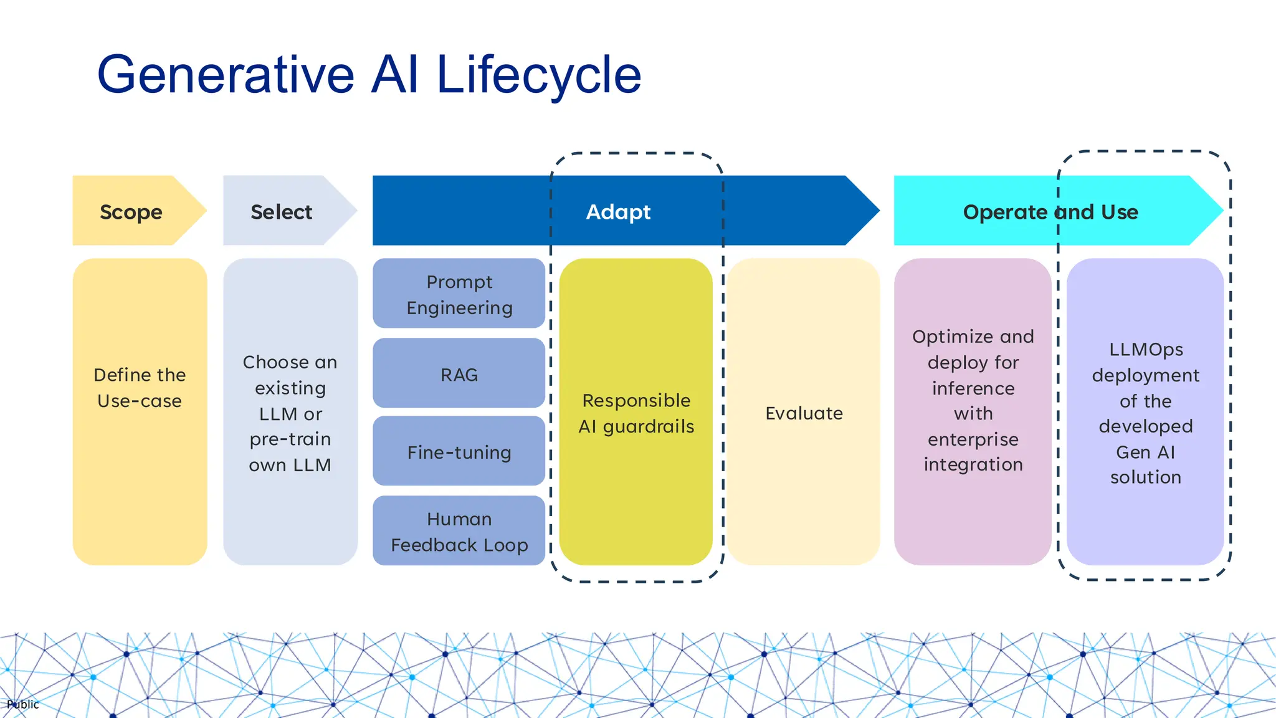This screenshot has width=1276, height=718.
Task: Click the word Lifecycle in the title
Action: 539,75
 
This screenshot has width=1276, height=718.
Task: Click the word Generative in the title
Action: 226,75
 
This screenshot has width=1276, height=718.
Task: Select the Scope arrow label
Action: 131,212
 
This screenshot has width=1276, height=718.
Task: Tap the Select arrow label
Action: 281,212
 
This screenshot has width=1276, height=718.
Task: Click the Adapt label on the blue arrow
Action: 618,212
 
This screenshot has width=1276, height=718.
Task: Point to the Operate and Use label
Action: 1050,212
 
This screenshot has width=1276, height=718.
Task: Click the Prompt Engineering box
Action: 459,294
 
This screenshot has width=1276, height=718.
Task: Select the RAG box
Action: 459,374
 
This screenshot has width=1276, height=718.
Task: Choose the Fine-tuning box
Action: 459,452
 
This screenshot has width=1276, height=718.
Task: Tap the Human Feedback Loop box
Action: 459,532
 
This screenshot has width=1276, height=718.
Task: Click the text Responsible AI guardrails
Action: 636,413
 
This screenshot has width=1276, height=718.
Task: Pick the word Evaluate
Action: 804,413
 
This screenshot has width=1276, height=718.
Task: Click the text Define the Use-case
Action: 140,388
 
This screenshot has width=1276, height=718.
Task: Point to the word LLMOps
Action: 1146,350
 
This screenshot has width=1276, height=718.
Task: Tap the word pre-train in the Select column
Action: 290,439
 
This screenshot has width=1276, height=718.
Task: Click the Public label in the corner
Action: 23,704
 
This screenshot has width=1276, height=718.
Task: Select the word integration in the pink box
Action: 973,464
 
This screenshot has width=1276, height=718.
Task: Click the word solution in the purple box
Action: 1145,477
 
